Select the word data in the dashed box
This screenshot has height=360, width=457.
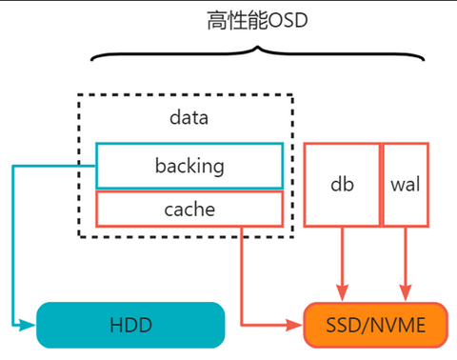(188, 118)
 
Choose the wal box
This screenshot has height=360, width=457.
(406, 184)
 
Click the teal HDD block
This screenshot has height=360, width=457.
(130, 325)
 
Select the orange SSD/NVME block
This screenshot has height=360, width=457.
(375, 325)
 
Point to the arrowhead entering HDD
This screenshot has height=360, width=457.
(30, 324)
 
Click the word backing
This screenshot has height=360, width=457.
(189, 166)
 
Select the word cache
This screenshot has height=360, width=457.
(189, 209)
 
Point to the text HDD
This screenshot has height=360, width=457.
(130, 326)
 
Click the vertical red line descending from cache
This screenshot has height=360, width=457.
(243, 271)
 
